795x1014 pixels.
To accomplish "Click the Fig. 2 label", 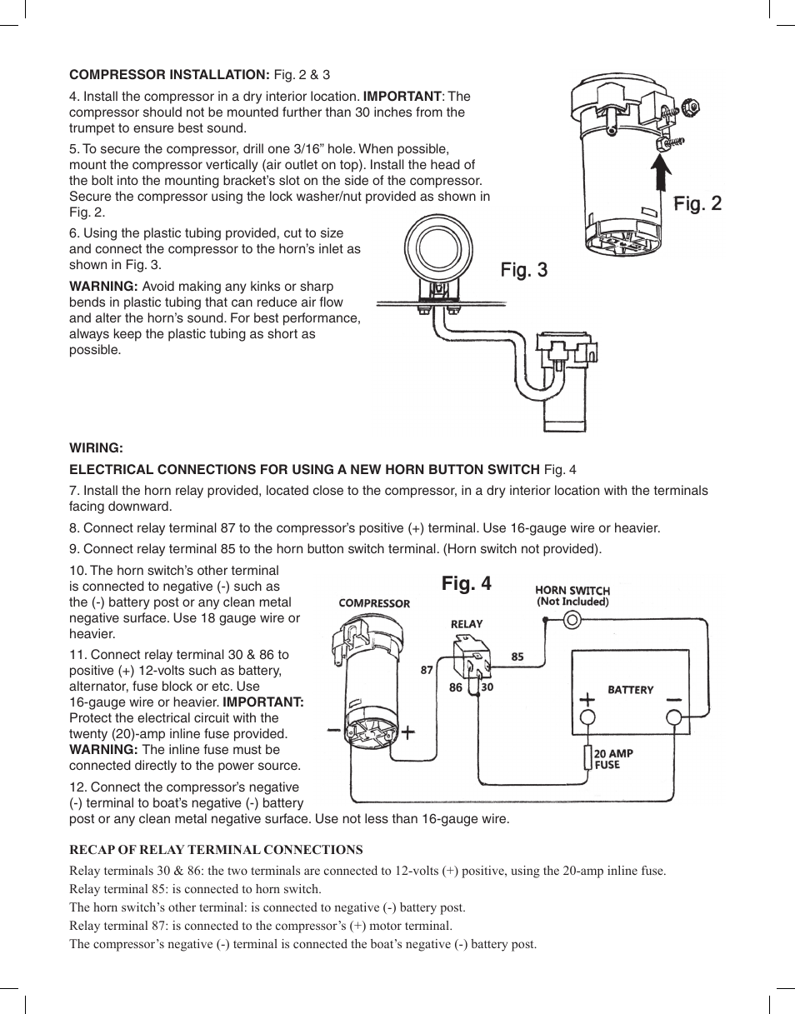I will [697, 203].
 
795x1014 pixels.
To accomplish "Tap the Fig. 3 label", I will [524, 270].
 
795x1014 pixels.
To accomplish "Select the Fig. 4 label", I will [467, 584].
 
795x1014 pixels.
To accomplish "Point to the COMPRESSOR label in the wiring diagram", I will [374, 603].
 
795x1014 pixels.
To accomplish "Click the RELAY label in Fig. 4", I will [467, 624].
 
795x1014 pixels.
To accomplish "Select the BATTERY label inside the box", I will [630, 690].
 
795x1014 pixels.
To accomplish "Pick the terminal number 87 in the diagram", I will [427, 670].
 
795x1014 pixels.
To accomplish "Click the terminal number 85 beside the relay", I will [517, 657].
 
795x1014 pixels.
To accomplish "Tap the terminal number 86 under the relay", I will [456, 688].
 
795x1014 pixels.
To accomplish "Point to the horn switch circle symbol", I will [572, 620].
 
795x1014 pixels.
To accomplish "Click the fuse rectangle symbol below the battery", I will [587, 757].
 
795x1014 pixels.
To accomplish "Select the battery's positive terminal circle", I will [587, 718].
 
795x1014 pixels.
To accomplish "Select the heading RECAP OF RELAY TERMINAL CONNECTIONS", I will [216, 850].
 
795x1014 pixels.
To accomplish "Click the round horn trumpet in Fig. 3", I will [432, 247].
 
